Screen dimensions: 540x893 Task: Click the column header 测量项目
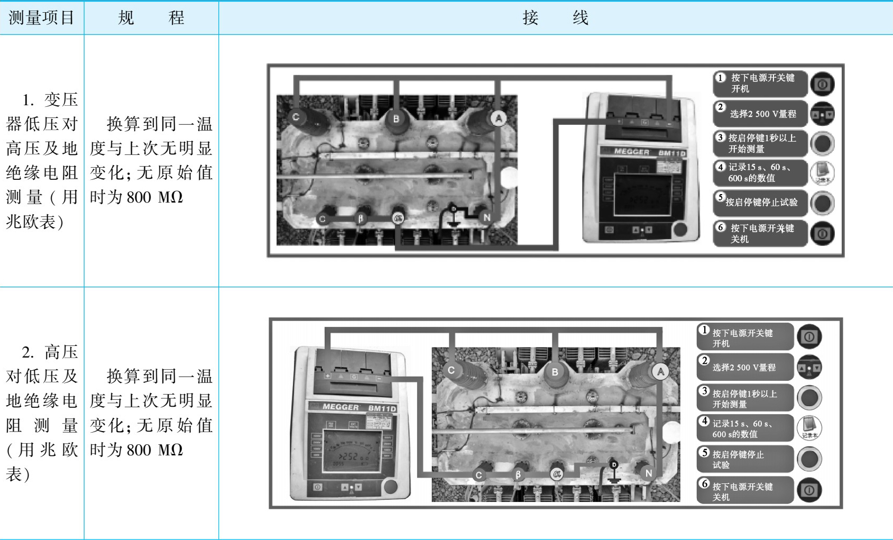point(41,18)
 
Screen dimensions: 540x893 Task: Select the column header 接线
point(555,18)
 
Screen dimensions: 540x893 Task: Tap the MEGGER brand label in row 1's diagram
point(631,152)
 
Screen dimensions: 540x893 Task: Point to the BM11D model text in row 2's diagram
point(382,408)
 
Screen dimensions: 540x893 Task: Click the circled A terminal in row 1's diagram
point(498,119)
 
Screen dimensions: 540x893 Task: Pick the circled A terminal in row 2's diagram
point(660,372)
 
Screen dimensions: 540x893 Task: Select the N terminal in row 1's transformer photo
point(486,217)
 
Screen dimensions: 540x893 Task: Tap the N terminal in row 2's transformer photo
point(648,473)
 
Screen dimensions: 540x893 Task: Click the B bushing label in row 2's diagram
point(555,372)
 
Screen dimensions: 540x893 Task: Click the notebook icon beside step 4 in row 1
point(822,173)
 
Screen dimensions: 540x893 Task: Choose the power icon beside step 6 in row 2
point(809,490)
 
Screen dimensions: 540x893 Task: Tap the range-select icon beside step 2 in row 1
point(822,114)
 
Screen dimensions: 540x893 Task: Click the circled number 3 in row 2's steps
point(704,391)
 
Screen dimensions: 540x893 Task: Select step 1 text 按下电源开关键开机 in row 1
point(762,83)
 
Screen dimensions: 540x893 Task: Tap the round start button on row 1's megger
point(680,230)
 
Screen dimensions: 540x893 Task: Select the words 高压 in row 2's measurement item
point(61,352)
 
